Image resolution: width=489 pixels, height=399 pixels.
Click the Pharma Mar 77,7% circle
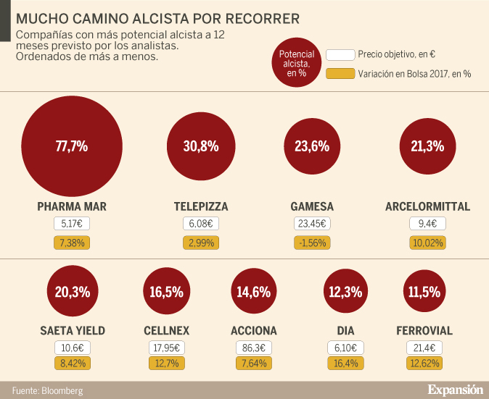click(72, 146)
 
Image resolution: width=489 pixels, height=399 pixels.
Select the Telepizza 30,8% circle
click(201, 146)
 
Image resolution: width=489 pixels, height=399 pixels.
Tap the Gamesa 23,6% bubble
click(312, 146)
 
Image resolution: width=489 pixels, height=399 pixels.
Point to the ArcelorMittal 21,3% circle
click(427, 146)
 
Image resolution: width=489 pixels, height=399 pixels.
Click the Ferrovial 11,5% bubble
click(424, 293)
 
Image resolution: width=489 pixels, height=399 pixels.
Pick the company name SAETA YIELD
click(72, 331)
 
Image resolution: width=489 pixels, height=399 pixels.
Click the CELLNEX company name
click(167, 331)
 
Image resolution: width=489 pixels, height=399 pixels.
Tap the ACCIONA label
click(253, 331)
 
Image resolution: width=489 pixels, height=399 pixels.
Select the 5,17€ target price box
click(72, 224)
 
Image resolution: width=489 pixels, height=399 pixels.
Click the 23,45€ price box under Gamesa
click(312, 224)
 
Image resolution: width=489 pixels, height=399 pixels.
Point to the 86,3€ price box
click(253, 348)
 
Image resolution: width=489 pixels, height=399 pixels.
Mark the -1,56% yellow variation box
click(312, 243)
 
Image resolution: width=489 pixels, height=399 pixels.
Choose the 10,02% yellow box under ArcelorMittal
click(427, 243)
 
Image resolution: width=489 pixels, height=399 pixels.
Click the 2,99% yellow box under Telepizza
click(201, 243)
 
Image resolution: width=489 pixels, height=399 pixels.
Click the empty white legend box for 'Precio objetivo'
click(340, 55)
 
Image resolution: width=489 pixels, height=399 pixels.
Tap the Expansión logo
click(455, 390)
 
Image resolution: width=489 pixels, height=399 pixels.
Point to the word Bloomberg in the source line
click(62, 391)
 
